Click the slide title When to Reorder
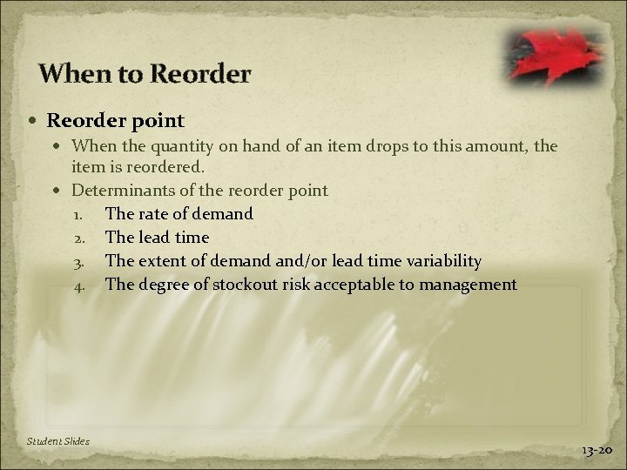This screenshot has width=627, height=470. pyautogui.click(x=145, y=73)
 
